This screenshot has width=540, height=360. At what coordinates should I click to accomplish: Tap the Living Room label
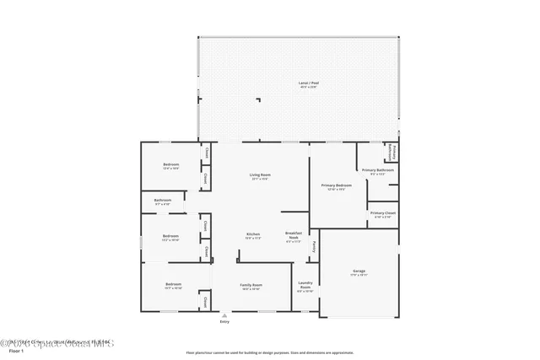pos(259,175)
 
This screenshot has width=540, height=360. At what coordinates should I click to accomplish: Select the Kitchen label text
pos(253,234)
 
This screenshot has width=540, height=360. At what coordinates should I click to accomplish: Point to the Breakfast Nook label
pos(294,235)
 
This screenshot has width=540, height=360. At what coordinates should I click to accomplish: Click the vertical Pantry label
pos(315,247)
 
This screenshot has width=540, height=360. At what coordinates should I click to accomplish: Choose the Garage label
pos(359,271)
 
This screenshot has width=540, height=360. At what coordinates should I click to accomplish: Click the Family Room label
pos(251,286)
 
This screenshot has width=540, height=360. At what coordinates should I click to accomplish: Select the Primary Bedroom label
pos(336,185)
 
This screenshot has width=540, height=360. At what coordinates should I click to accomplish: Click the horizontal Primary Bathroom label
pos(378,171)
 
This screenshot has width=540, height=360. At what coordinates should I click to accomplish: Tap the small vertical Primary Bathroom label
pos(391,152)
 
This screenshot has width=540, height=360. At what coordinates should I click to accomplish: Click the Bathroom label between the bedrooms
pos(163,201)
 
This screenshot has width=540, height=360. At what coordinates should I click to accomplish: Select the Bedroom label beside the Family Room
pos(174,285)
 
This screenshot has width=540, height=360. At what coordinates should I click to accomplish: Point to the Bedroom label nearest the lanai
pos(172,165)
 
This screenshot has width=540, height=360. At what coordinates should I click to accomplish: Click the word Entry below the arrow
pos(224,322)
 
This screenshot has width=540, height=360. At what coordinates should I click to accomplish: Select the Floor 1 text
pos(14,351)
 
